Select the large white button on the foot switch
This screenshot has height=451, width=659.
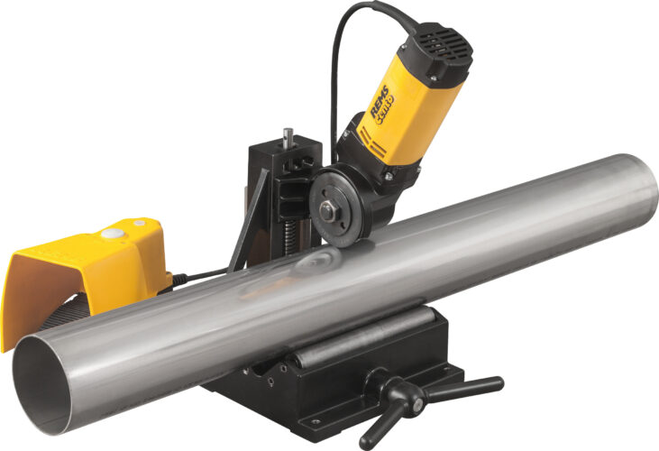tap(112, 233)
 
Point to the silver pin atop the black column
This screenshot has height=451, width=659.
tap(286, 138)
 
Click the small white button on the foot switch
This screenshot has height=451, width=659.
tap(139, 223)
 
